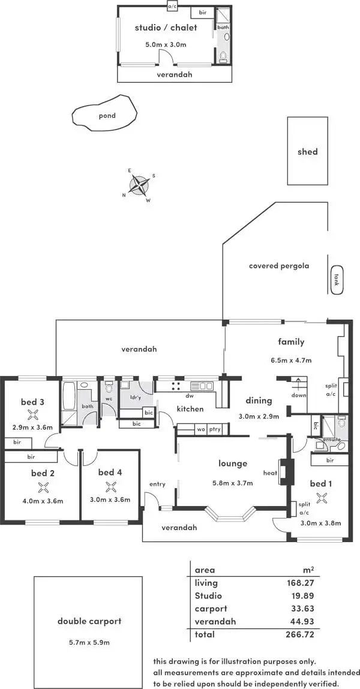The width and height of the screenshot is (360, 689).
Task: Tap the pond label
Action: click(107, 116)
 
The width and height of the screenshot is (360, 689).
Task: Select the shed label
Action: click(308, 152)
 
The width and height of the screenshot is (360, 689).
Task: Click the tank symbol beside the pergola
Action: click(337, 280)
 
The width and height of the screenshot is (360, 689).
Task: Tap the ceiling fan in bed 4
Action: click(110, 486)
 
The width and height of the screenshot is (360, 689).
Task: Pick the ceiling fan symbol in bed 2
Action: click(43, 487)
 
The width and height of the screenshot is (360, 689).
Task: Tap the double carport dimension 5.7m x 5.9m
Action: click(89, 642)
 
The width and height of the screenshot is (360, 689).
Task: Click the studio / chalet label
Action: click(166, 28)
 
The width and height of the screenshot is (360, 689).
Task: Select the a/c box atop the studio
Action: click(173, 7)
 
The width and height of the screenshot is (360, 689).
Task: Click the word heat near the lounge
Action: click(269, 474)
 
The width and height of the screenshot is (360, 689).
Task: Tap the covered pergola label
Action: click(279, 266)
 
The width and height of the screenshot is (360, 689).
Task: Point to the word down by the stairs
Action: click(299, 395)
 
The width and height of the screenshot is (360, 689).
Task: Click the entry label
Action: click(157, 484)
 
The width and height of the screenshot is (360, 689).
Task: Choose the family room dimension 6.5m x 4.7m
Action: click(290, 360)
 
